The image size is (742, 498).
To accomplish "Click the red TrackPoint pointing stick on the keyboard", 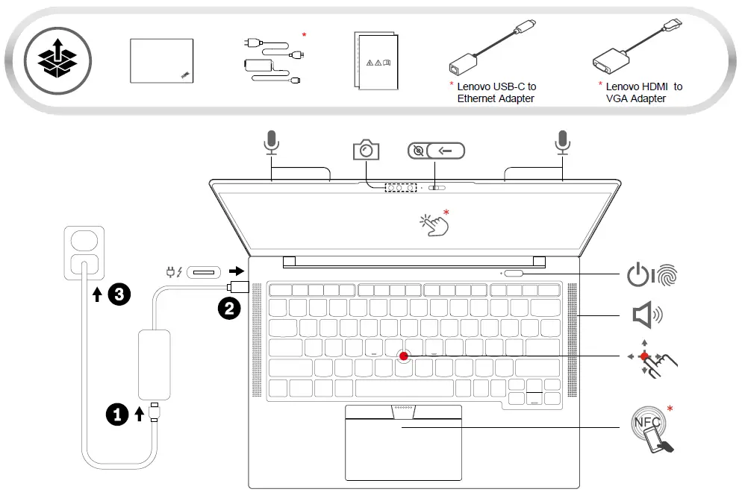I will [404, 356].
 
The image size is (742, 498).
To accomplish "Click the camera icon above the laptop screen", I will [366, 150].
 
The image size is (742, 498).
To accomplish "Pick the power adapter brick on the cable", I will [155, 363].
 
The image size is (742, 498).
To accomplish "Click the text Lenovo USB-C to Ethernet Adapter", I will [496, 92].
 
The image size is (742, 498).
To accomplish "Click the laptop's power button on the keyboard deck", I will [514, 274].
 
